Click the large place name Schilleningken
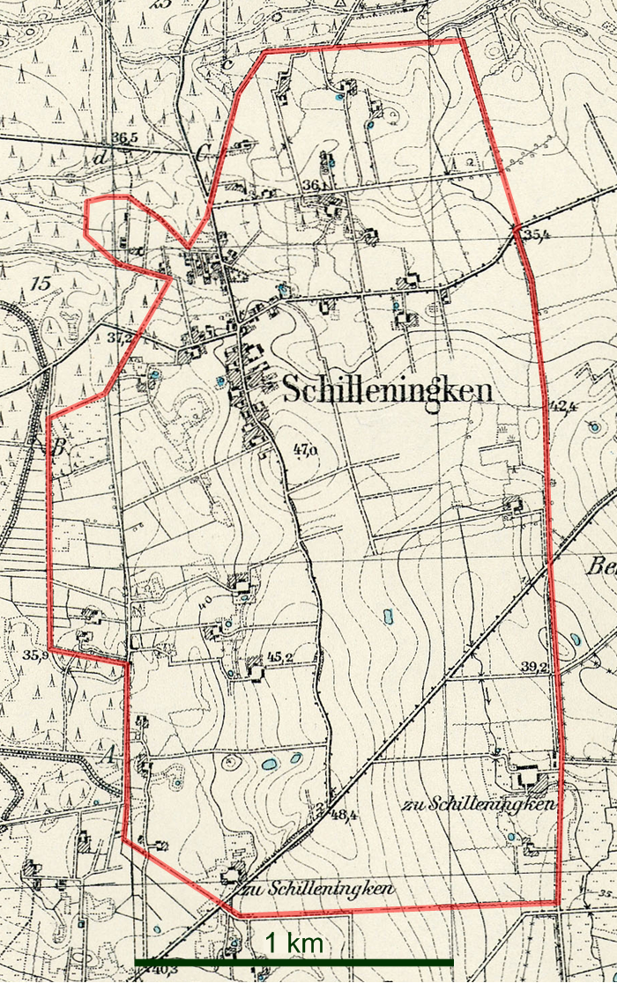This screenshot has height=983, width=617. [387, 392]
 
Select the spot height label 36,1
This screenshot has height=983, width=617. [312, 186]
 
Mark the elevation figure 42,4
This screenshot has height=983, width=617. [562, 407]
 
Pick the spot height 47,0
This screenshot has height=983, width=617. [305, 453]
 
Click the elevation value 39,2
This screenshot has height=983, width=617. [534, 667]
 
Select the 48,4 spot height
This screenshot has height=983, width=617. [343, 816]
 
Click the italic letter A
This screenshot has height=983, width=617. [110, 755]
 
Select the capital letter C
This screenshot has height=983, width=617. [203, 154]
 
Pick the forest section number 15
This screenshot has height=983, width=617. [38, 284]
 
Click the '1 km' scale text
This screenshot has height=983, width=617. [294, 942]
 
